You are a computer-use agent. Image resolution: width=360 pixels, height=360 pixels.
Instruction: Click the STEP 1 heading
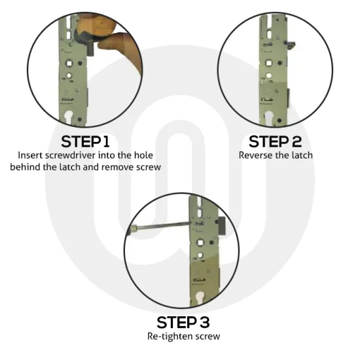(85, 141)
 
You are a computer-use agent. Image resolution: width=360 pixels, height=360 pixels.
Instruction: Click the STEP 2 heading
(276, 141)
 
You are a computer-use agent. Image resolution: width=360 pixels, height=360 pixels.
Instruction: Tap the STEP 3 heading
(183, 323)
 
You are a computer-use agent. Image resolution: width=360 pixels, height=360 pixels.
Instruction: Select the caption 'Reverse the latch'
(276, 155)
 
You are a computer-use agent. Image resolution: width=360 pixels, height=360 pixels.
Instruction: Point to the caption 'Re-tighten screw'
(184, 336)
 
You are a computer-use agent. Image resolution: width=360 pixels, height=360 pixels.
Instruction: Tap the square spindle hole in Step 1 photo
(69, 63)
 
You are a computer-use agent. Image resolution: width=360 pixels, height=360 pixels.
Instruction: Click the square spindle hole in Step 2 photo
(268, 63)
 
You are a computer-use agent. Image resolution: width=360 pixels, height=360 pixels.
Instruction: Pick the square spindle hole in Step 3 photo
(200, 242)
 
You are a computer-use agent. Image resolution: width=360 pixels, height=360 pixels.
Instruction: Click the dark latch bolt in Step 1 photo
(91, 49)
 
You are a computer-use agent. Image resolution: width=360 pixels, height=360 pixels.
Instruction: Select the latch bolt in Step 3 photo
(221, 226)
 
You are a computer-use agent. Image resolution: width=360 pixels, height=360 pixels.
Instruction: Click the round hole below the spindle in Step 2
(268, 75)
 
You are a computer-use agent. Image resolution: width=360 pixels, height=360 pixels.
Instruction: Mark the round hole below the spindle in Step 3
(200, 255)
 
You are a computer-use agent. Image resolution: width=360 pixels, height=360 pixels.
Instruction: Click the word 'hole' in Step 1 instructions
(143, 155)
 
